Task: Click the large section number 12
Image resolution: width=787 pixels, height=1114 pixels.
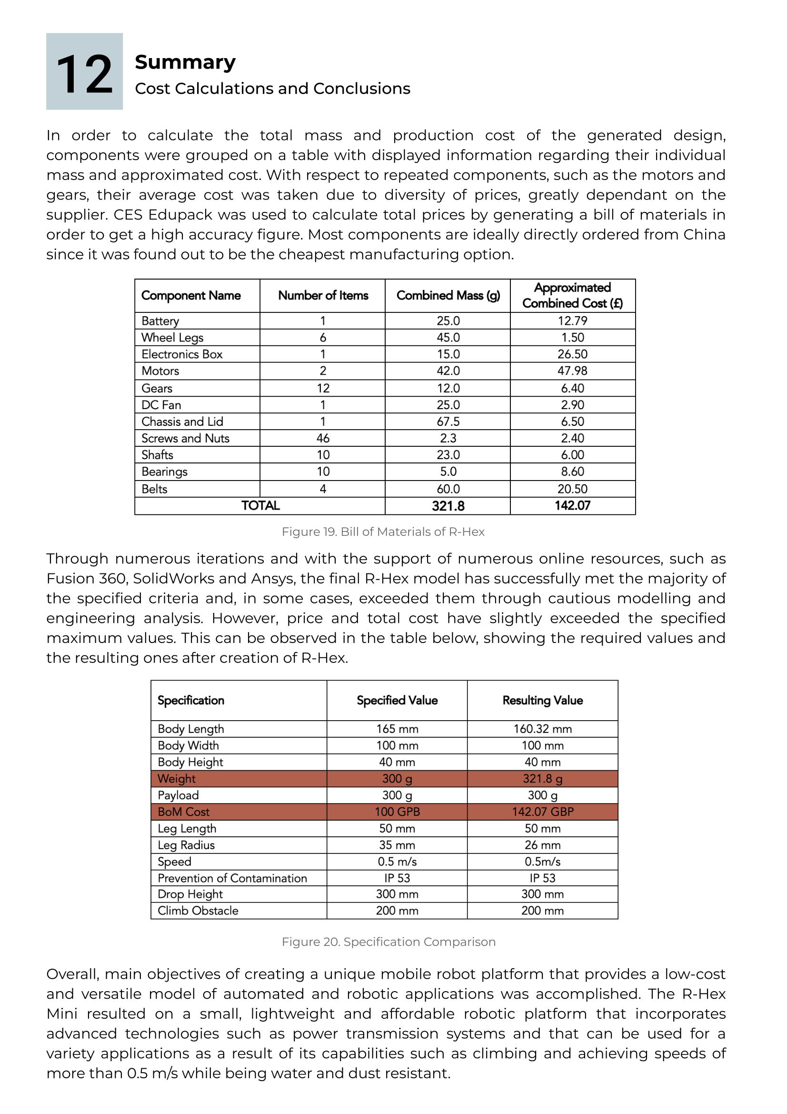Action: point(84,74)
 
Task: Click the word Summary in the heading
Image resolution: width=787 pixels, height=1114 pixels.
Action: point(185,62)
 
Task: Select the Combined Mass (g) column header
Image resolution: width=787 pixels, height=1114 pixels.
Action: point(448,295)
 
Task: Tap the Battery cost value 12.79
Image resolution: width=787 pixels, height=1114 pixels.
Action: point(572,321)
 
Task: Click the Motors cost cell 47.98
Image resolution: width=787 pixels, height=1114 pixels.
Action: point(572,371)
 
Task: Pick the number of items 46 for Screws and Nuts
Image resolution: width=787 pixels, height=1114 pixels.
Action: point(323,438)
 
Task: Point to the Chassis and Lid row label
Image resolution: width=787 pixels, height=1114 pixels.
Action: point(182,422)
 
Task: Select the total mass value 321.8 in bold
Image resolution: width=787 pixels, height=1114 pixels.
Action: point(448,506)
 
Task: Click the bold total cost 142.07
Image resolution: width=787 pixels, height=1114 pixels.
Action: point(572,506)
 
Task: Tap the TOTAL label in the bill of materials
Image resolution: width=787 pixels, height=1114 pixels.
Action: point(260,506)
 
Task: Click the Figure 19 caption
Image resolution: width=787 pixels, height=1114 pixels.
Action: point(383,532)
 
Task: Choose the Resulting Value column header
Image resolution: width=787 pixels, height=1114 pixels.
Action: point(543,700)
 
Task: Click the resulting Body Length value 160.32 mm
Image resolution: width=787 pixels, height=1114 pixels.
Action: point(543,729)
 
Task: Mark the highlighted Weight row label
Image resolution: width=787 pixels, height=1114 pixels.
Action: point(177,779)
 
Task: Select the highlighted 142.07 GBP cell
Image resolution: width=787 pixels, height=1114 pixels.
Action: point(543,812)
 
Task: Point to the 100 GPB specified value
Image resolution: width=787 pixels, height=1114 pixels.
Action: point(397,812)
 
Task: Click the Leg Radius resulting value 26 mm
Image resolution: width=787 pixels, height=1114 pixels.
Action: point(543,845)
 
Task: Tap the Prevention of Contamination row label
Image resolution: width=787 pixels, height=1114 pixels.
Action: point(232,878)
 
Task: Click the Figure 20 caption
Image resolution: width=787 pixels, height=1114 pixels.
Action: point(389,942)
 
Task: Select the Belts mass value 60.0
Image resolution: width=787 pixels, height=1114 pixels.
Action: point(448,489)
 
